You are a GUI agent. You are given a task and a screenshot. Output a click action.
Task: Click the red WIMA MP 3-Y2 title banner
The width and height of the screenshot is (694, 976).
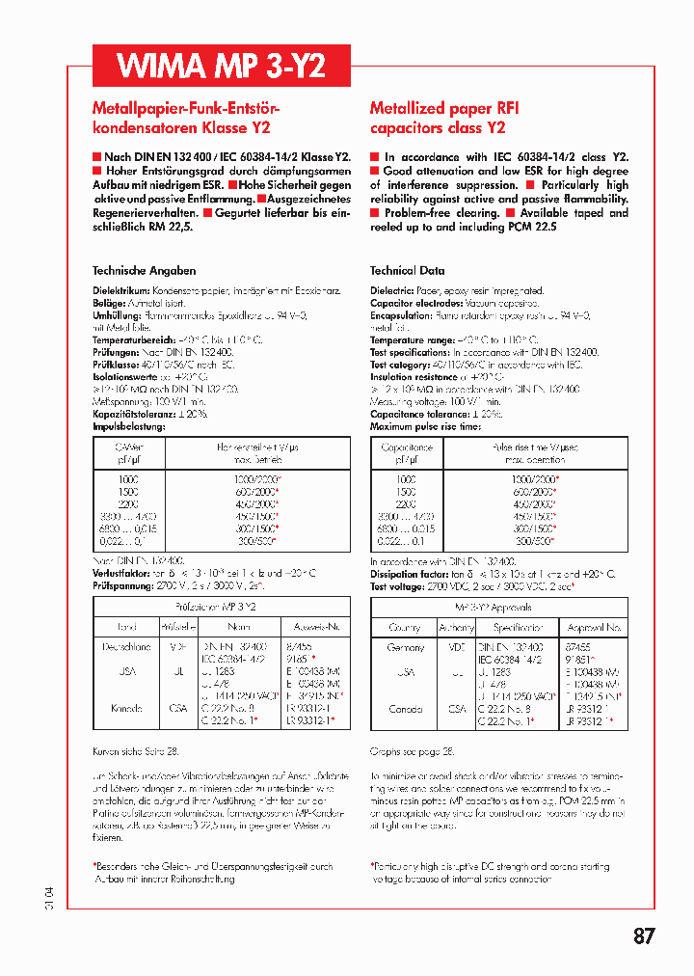click(x=221, y=66)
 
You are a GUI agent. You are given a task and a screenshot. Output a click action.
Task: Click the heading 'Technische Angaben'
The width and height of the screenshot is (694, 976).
click(x=144, y=271)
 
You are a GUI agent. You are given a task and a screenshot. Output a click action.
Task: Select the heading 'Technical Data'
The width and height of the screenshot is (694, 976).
click(x=407, y=271)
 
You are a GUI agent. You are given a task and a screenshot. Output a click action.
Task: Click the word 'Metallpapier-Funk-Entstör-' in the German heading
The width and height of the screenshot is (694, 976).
click(x=185, y=109)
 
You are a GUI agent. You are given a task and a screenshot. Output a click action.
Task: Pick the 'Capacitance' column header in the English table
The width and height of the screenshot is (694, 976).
click(x=407, y=447)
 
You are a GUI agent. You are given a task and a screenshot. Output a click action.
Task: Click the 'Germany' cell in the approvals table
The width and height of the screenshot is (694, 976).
click(x=405, y=647)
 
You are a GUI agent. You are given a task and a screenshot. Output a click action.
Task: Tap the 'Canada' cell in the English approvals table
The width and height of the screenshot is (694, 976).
click(x=405, y=708)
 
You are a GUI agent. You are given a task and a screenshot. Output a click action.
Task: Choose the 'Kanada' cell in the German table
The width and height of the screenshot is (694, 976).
click(x=126, y=708)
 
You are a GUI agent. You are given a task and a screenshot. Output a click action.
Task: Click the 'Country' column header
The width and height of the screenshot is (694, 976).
click(x=405, y=627)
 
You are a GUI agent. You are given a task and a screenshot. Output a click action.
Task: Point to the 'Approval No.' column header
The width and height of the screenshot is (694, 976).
click(x=595, y=627)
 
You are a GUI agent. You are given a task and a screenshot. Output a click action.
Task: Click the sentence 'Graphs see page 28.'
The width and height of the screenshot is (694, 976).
click(x=412, y=749)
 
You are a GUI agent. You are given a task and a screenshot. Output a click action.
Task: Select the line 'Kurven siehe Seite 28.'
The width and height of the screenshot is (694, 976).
click(x=134, y=749)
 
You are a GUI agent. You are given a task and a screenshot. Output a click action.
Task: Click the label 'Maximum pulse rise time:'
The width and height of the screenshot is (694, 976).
click(x=425, y=426)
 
